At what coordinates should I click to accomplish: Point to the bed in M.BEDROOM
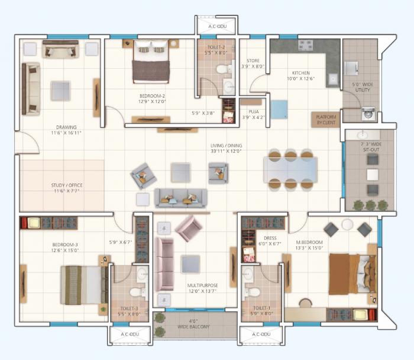click(x=351, y=273)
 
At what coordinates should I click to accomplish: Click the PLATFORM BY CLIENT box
click(x=325, y=119)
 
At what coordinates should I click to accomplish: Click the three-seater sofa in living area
click(x=180, y=198)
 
